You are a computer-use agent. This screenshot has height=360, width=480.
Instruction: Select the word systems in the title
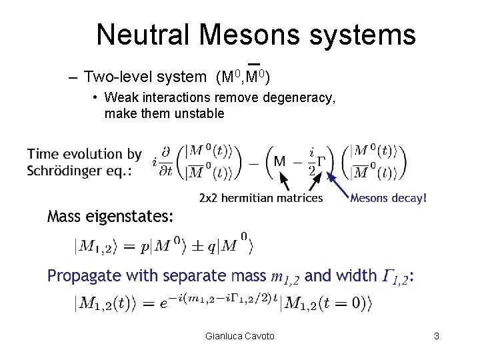pyautogui.click(x=363, y=35)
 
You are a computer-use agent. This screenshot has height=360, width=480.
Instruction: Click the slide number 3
pyautogui.click(x=436, y=337)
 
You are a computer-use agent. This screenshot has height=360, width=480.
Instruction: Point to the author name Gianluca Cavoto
pyautogui.click(x=240, y=337)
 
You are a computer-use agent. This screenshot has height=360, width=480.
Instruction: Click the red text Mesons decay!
pyautogui.click(x=388, y=197)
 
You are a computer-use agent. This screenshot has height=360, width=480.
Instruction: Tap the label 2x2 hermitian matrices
pyautogui.click(x=261, y=197)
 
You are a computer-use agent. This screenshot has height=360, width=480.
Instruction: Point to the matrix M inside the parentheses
pyautogui.click(x=281, y=161)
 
